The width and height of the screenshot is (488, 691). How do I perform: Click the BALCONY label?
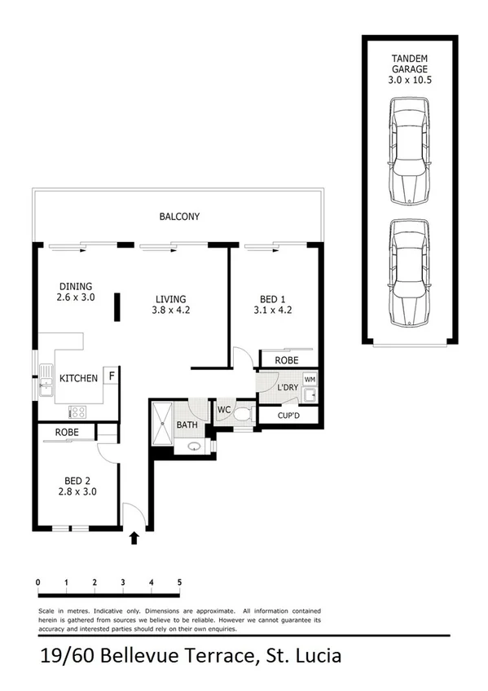point(179,217)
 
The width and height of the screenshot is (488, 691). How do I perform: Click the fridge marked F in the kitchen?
point(110,376)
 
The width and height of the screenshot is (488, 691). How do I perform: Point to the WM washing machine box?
point(309,380)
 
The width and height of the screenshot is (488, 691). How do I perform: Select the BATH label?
point(187,425)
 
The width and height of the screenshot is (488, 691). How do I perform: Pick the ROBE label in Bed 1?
point(286,359)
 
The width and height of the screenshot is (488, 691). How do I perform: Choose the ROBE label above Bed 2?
point(67,432)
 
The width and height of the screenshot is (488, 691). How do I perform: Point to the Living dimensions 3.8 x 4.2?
point(171,310)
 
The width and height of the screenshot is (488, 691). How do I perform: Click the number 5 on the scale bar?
point(178,583)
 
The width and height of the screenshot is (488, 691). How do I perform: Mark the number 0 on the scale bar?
point(38,583)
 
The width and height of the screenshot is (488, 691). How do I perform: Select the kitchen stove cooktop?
point(78,412)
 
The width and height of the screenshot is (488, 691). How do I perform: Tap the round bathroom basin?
point(193,446)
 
